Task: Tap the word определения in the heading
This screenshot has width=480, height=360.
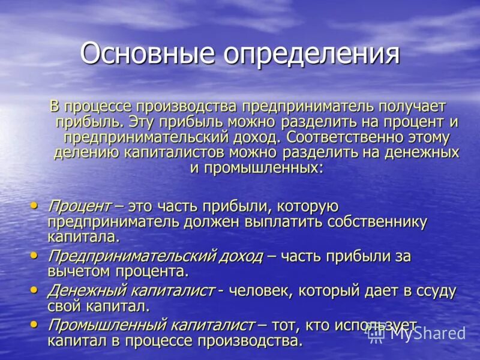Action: click(311, 53)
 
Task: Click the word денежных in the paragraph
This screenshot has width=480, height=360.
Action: click(424, 152)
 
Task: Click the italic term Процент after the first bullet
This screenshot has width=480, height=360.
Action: click(79, 206)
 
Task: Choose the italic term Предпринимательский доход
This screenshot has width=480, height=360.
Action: click(155, 256)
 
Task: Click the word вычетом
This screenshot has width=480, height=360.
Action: click(80, 271)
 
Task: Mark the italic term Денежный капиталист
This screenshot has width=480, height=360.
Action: click(131, 290)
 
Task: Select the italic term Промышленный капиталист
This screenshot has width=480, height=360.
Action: click(151, 325)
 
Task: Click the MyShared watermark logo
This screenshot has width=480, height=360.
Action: click(416, 333)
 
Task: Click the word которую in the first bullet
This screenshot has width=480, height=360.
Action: click(307, 206)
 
